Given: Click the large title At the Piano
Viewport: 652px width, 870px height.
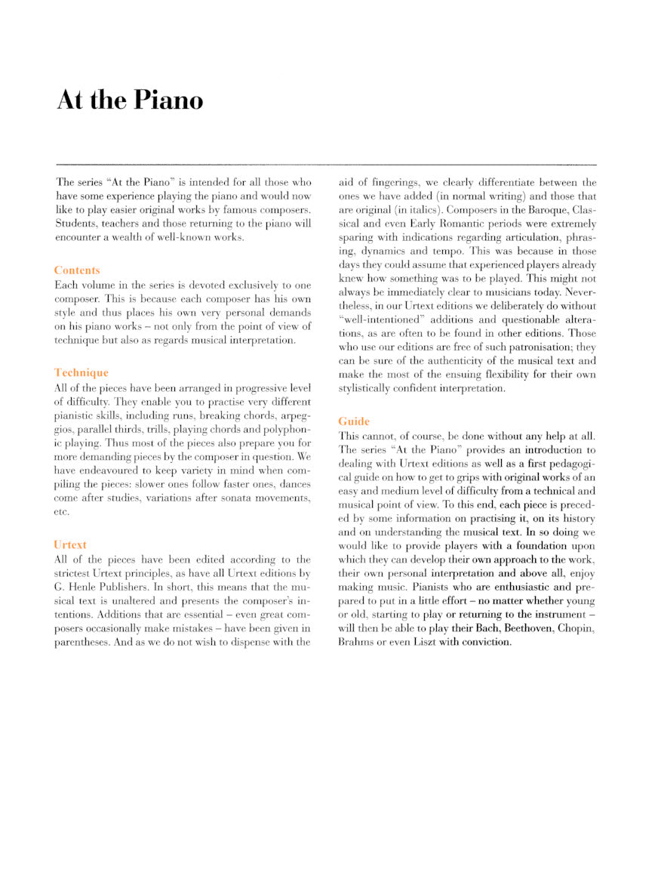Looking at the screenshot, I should tap(130, 100).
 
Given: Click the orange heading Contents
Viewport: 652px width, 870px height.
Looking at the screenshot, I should tap(77, 270).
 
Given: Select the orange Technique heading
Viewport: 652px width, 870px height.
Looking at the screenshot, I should tap(81, 372).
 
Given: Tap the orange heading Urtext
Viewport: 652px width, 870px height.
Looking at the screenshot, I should tap(71, 545).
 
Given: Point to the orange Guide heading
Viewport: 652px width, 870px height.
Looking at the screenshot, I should tap(354, 421).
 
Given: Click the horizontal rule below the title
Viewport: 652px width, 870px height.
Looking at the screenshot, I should tap(326, 164).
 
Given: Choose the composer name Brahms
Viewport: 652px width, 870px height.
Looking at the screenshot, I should tap(356, 643).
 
